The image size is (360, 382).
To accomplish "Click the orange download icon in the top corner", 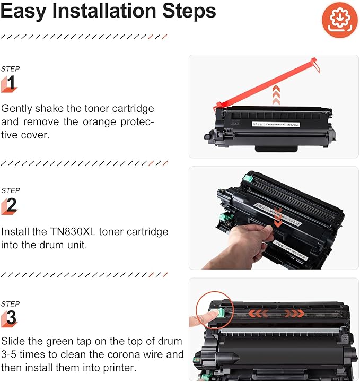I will coord(336,19).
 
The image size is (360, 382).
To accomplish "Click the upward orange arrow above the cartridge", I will coord(275,93).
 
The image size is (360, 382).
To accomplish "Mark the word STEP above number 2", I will coord(10,190).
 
